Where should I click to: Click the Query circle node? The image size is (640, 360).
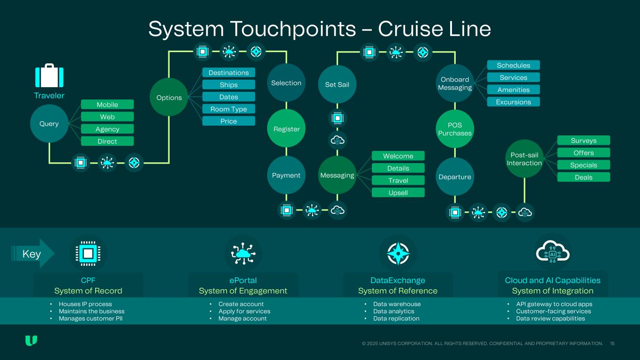pos(49,124)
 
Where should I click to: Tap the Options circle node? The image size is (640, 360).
pos(169,97)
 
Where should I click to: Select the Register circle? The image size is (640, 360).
pos(286,129)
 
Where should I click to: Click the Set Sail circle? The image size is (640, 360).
pos(337,84)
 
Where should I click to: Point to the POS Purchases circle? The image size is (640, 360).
pos(455,129)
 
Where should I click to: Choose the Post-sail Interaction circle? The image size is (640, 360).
pos(524,158)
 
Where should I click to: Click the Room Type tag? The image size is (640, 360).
pos(228,109)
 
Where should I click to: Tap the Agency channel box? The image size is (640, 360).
pos(107,129)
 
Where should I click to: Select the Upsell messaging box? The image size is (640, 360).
pos(398,193)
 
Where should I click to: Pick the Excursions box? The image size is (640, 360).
pos(513,102)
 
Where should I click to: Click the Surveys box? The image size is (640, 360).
pos(583,141)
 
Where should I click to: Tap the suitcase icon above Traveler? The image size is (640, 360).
pos(49,76)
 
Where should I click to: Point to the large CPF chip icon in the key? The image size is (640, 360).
pos(88,254)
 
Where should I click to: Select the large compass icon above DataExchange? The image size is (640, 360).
pos(398,254)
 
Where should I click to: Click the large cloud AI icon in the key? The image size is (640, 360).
pos(552,254)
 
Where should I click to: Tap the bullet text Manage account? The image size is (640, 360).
pos(242,319)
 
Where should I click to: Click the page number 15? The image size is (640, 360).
pos(612,344)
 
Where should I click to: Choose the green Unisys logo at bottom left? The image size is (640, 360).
pos(31,341)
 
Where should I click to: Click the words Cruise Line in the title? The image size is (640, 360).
pos(434,29)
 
